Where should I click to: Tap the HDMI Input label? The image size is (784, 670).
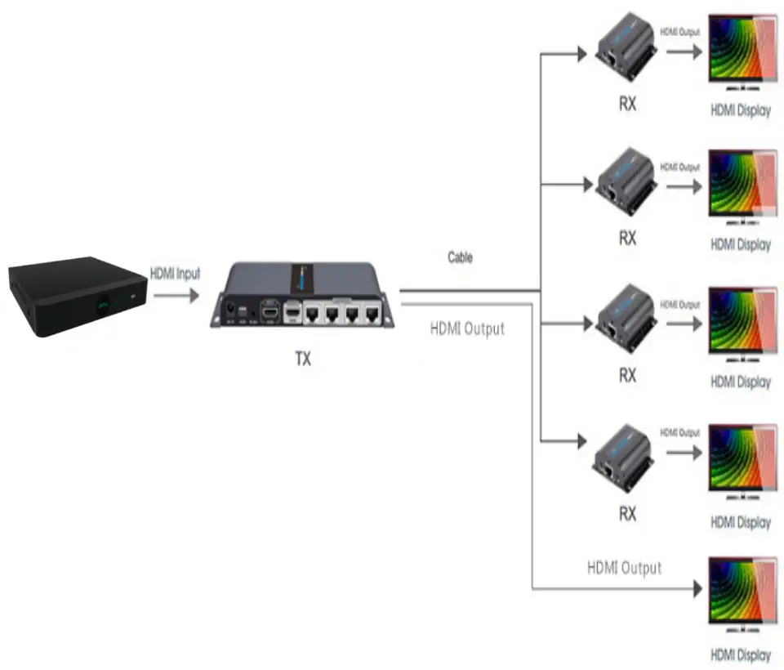tap(175, 274)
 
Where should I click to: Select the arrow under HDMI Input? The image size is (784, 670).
tap(176, 296)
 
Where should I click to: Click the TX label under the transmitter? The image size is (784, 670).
tap(303, 359)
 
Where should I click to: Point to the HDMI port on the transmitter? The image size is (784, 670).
tap(270, 312)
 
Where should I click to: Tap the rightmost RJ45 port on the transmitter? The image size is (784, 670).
tap(372, 314)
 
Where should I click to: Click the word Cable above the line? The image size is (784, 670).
tap(460, 257)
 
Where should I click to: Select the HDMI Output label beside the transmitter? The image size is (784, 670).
tap(467, 328)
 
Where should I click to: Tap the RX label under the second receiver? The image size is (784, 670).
tap(628, 239)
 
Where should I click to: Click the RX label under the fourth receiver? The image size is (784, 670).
tap(628, 514)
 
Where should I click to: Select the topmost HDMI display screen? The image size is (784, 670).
tap(743, 51)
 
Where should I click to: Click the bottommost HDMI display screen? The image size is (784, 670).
tap(743, 593)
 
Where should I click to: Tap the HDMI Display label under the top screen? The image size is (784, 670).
tap(741, 110)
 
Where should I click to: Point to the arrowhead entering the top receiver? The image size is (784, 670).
tap(582, 53)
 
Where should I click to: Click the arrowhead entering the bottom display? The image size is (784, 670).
tap(698, 589)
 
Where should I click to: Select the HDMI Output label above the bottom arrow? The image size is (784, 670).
tap(625, 568)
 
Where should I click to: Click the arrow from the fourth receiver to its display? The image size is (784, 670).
tap(684, 453)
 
